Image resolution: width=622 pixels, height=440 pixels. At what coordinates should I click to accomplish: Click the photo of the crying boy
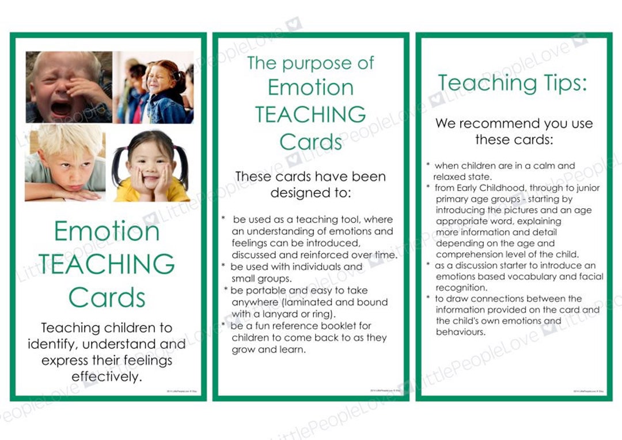point(69,87)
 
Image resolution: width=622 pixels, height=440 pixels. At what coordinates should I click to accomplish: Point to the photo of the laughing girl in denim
point(153,87)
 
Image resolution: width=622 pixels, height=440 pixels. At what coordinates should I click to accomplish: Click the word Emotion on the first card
point(107,232)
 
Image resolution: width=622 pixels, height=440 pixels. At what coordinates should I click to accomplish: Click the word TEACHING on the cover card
point(107,264)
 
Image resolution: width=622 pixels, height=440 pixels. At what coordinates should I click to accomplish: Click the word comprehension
point(472,254)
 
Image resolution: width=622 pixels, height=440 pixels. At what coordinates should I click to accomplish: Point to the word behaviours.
point(461,332)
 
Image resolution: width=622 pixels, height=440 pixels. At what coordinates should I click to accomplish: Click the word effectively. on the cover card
point(107,377)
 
